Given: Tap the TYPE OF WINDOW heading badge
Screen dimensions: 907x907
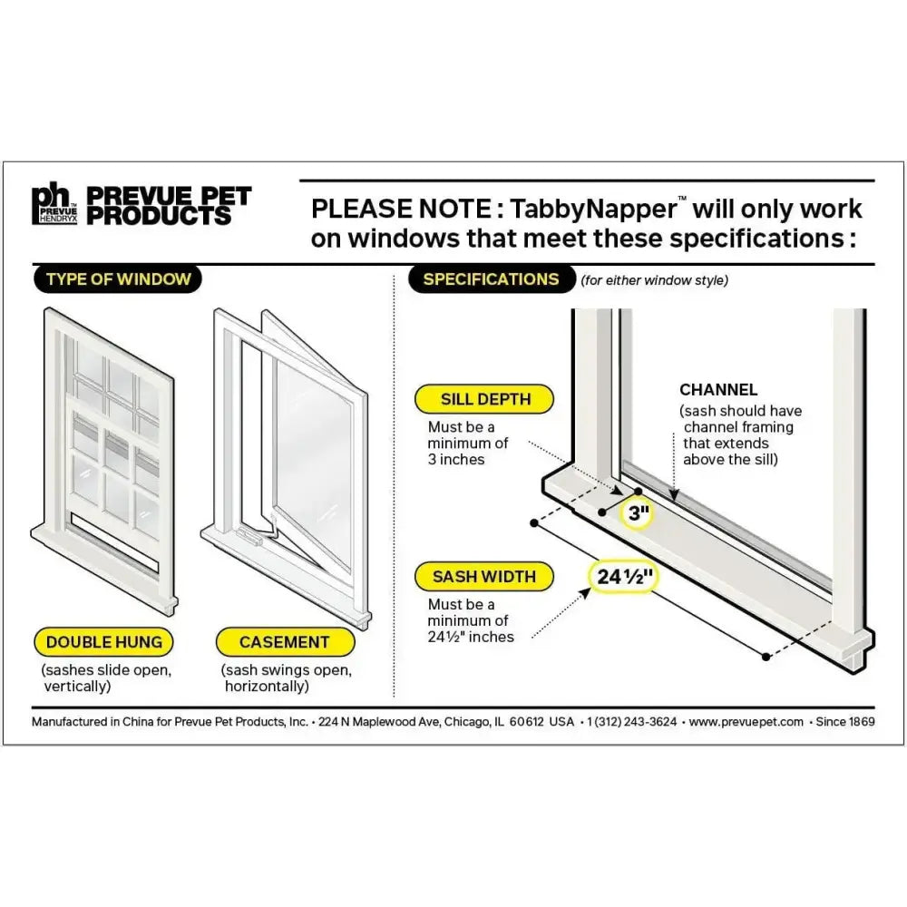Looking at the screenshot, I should pyautogui.click(x=119, y=278).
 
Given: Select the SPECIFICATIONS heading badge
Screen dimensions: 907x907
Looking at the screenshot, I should pyautogui.click(x=491, y=278).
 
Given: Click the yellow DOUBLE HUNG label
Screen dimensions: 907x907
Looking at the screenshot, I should pyautogui.click(x=104, y=642).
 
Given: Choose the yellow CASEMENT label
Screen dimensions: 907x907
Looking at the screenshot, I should pyautogui.click(x=284, y=642).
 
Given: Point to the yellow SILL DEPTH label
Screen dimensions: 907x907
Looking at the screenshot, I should pyautogui.click(x=485, y=399).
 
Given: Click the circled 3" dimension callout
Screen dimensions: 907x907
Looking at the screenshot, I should pyautogui.click(x=639, y=514).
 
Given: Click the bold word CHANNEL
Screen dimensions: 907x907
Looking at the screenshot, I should pyautogui.click(x=718, y=390).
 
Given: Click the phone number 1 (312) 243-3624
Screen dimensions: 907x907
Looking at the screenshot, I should pyautogui.click(x=631, y=722).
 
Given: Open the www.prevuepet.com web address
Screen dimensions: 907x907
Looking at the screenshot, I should pyautogui.click(x=746, y=722).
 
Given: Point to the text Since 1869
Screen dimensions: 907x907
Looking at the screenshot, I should pyautogui.click(x=845, y=722).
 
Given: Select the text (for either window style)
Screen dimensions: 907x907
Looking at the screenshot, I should pyautogui.click(x=654, y=281).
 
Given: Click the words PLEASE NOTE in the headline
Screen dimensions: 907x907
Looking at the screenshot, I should pyautogui.click(x=397, y=210).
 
